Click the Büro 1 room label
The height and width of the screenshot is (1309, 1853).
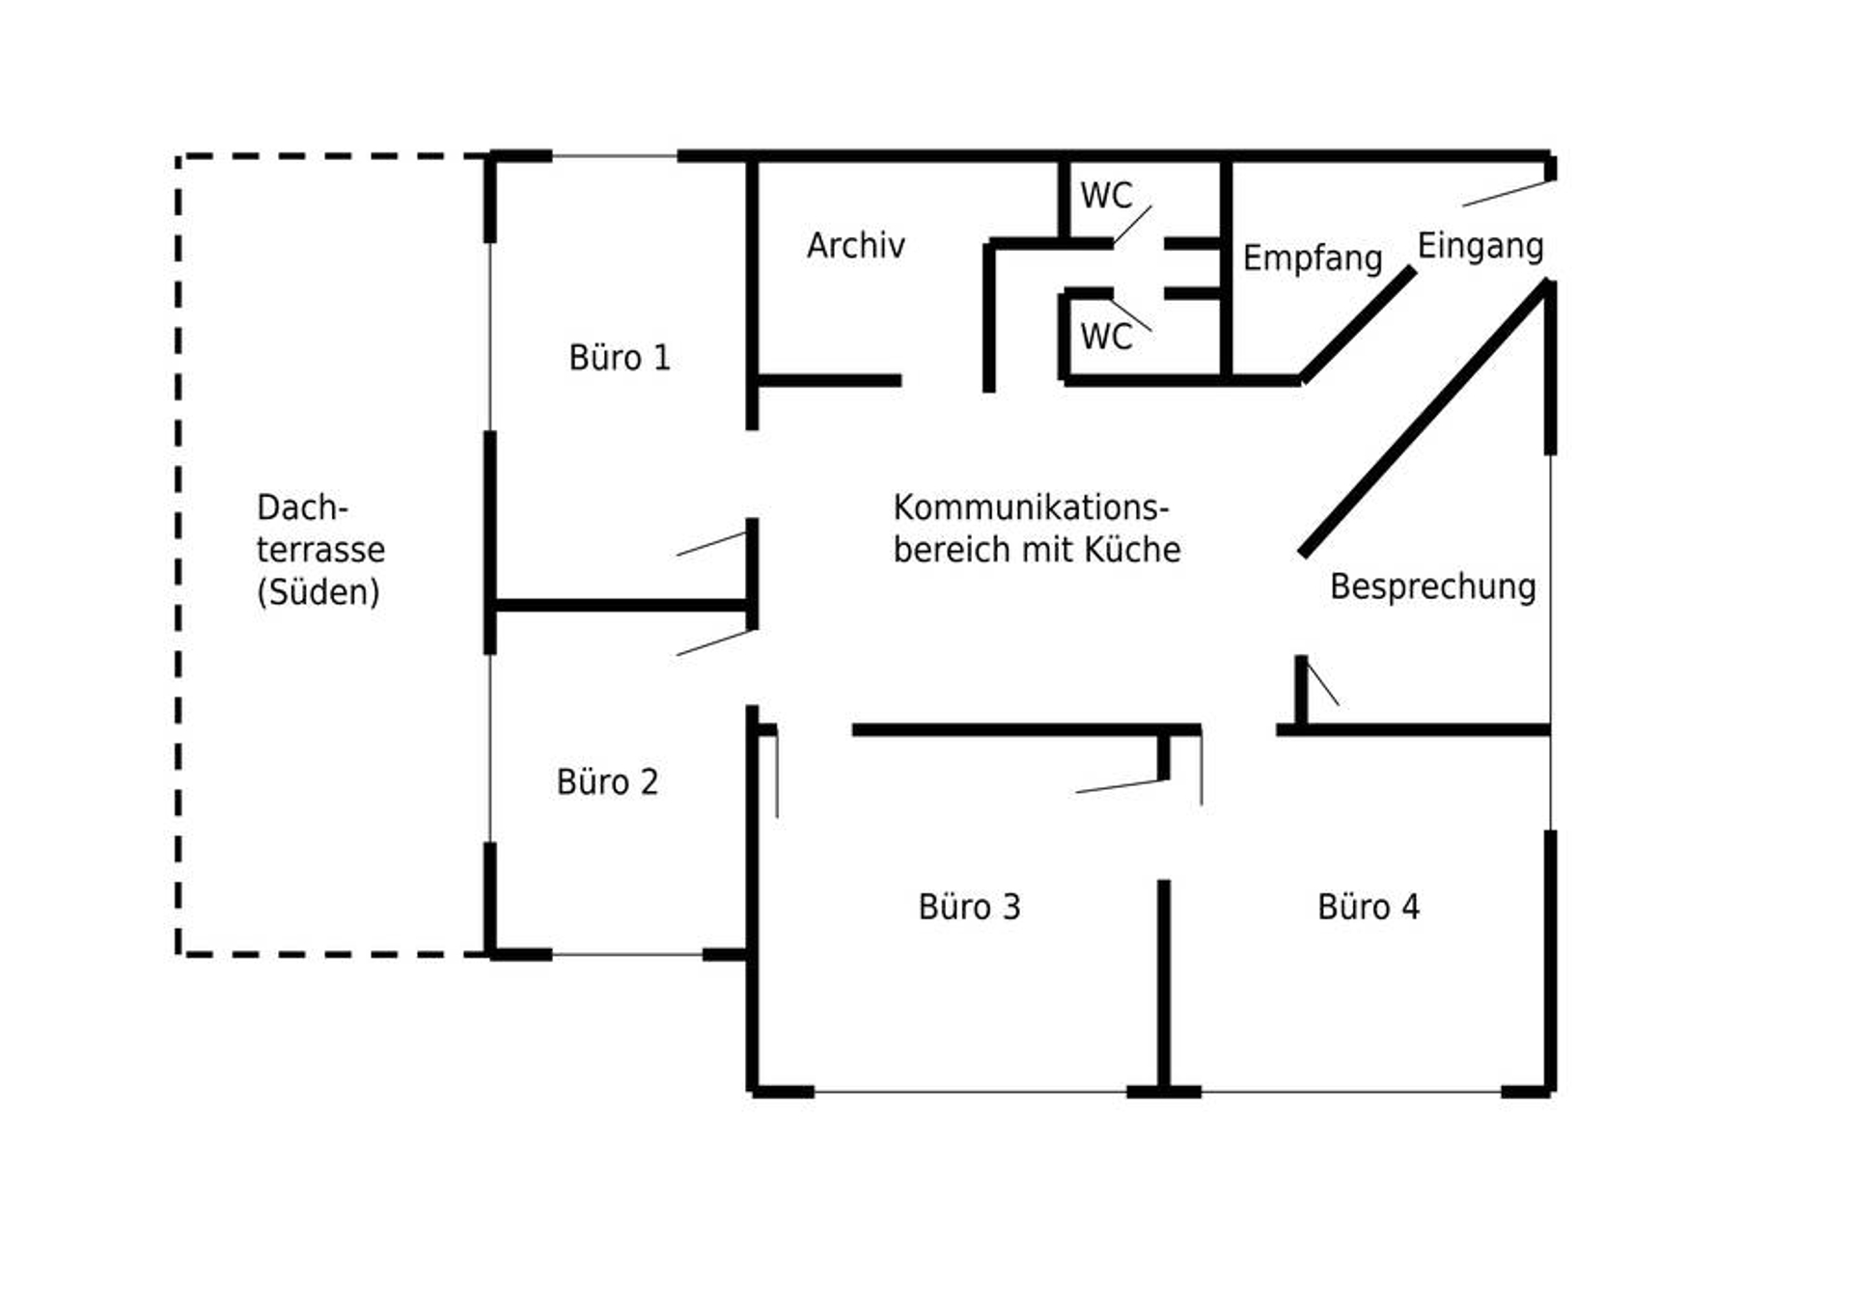tap(619, 358)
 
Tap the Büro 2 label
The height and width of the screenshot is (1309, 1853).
tap(607, 781)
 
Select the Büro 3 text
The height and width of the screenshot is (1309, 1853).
tap(969, 907)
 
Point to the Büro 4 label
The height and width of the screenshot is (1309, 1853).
tap(1369, 907)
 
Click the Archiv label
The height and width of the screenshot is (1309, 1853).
tap(856, 245)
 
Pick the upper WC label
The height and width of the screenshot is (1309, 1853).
tap(1106, 195)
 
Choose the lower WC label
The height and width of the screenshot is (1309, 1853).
tap(1106, 337)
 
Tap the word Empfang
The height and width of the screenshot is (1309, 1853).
tap(1313, 259)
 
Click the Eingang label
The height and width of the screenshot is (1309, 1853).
tap(1480, 247)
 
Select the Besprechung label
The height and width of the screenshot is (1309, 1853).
tap(1433, 586)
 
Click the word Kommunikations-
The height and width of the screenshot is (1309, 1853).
tap(1031, 507)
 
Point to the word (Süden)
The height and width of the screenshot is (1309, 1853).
tap(318, 592)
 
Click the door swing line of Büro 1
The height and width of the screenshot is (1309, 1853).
tap(711, 544)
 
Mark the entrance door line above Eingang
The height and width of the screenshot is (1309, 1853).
tap(1507, 193)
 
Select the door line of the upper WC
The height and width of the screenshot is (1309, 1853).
tap(1132, 225)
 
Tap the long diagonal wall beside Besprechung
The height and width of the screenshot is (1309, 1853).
tap(1424, 418)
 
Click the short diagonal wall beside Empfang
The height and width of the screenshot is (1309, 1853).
tap(1358, 324)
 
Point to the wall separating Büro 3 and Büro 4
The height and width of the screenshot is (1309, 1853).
tap(1164, 984)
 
